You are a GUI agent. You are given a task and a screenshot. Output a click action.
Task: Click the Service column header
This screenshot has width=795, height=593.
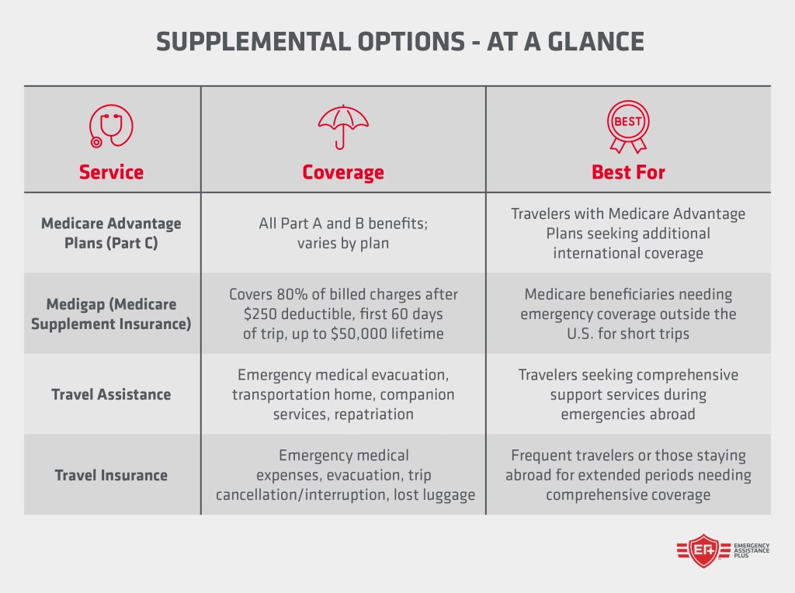[111, 172]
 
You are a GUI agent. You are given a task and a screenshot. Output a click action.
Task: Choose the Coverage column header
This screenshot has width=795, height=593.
[343, 172]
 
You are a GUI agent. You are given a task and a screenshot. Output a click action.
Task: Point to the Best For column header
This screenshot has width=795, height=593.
[628, 172]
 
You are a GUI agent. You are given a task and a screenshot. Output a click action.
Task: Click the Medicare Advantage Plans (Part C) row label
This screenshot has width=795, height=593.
[111, 232]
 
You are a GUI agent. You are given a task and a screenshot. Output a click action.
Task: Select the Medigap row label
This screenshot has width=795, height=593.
[111, 313]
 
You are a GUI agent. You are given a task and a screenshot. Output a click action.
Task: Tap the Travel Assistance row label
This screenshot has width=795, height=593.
[111, 394]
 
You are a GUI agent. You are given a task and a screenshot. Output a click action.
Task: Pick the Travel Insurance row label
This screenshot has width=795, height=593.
[111, 474]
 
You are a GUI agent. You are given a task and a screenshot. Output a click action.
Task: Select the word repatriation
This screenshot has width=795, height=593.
[375, 414]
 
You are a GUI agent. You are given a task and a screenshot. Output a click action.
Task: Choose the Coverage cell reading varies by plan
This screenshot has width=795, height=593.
[343, 242]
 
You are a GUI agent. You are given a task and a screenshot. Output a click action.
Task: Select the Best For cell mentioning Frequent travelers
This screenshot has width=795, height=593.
[628, 474]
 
